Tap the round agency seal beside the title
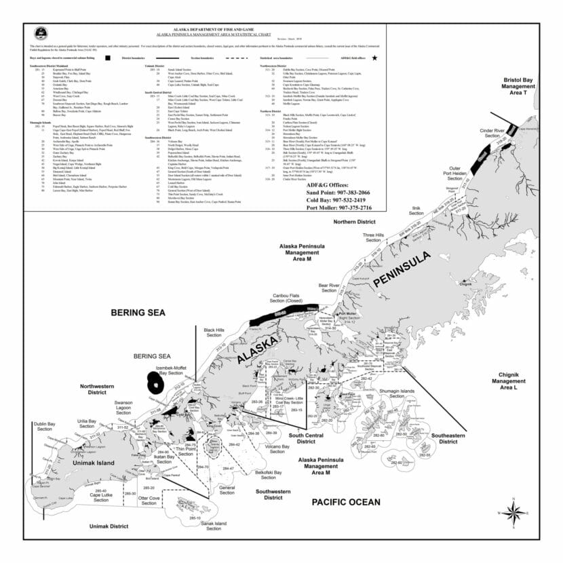[41, 33]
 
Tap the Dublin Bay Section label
[44, 426]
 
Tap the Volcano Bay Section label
[276, 450]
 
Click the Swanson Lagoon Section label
[123, 406]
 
